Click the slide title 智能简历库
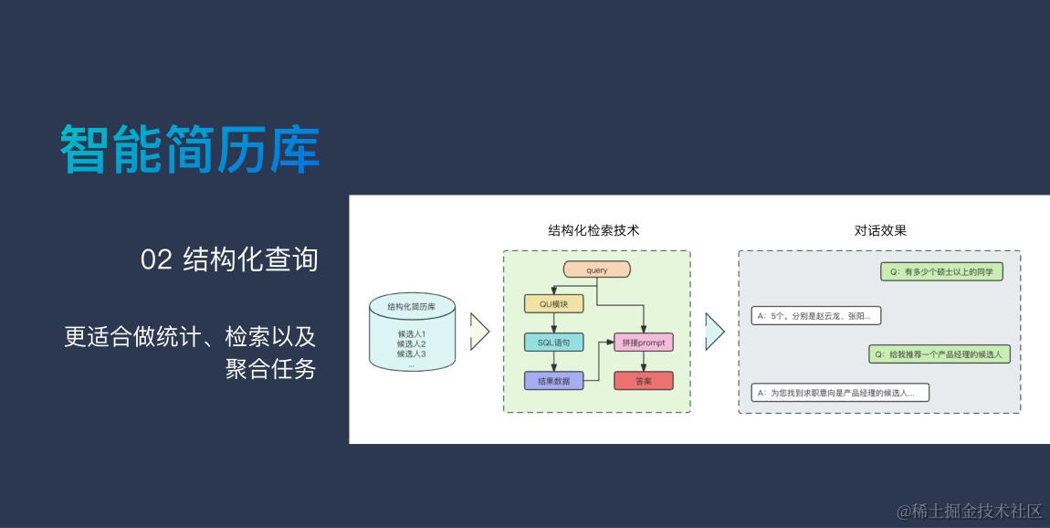pos(190,148)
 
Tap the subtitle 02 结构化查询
pos(229,259)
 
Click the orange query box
pos(597,269)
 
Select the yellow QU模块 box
pos(553,303)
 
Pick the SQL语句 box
pos(553,343)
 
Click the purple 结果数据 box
pos(553,381)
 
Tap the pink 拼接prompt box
pos(643,343)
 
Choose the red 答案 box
pos(643,381)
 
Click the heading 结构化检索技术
pos(593,230)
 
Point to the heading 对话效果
pos(880,230)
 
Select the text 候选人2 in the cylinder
pos(411,343)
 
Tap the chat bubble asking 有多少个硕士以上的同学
pos(941,271)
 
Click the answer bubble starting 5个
pos(815,316)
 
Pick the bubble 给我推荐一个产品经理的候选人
pos(939,354)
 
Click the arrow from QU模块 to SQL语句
pos(553,323)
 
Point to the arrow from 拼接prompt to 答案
pos(643,362)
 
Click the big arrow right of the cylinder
pos(479,332)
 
